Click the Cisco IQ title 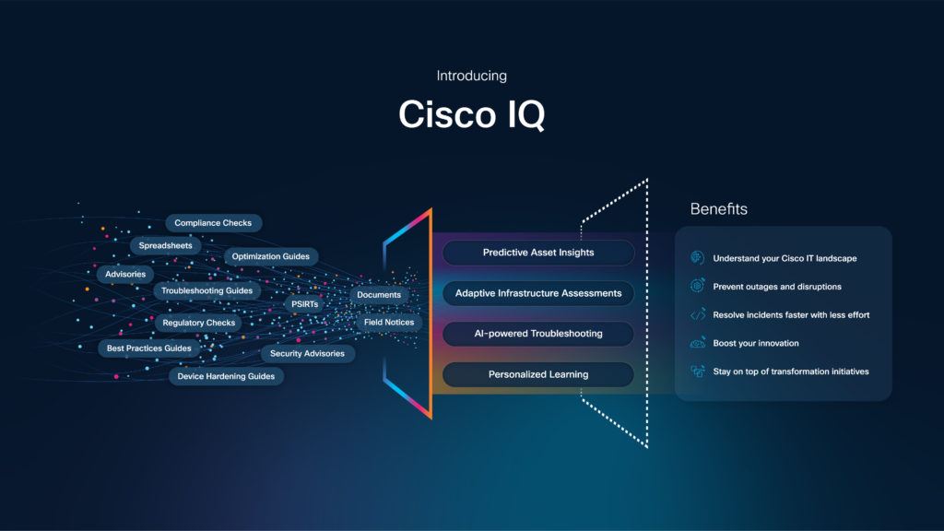coord(471,114)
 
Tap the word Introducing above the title coord(471,76)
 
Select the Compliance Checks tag coord(213,223)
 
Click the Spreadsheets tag coord(165,246)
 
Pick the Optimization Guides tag coord(270,256)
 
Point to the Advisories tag coord(125,274)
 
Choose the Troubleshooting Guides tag coord(206,290)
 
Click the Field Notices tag coord(389,323)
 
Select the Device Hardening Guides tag coord(226,376)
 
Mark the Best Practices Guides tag coord(148,348)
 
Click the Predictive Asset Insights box coord(538,253)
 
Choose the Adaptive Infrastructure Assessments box coord(538,293)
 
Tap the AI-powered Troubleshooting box coord(538,334)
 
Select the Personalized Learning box coord(538,374)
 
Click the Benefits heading coord(718,209)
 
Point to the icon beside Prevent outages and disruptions coord(698,287)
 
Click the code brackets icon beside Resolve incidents coord(698,315)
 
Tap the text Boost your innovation coord(756,343)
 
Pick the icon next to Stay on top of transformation coord(698,372)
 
